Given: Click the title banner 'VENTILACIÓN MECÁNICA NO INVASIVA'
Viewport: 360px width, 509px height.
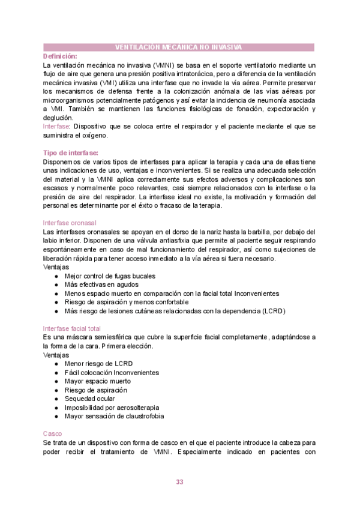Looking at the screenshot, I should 179,47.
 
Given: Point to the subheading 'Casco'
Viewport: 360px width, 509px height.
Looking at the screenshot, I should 53,433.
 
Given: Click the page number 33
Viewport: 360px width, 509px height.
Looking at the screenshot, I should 179,482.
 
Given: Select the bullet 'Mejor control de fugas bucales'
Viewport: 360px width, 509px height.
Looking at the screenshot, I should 110,276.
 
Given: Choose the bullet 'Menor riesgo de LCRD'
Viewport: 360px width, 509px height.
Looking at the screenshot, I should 98,364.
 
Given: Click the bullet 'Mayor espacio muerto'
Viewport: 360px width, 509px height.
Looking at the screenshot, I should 97,381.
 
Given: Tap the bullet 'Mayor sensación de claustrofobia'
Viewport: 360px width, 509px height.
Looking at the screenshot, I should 114,416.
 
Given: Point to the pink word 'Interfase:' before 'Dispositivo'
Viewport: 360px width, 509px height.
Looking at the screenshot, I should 57,127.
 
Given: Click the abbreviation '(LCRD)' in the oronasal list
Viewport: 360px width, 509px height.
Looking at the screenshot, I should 274,311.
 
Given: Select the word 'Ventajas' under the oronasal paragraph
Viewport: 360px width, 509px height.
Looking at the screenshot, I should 56,267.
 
